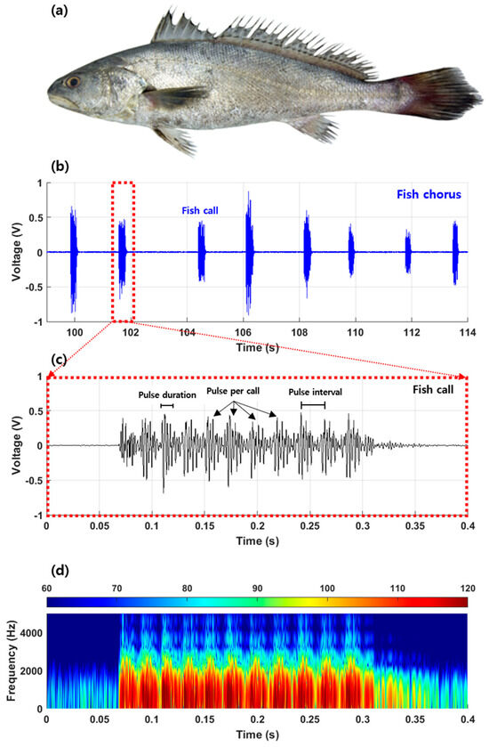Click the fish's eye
pyautogui.click(x=71, y=81)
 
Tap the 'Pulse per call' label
pyautogui.click(x=235, y=391)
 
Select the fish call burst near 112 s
pyautogui.click(x=408, y=252)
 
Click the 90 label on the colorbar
pyautogui.click(x=257, y=589)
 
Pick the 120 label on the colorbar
pyautogui.click(x=463, y=589)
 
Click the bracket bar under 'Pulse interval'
pyautogui.click(x=313, y=406)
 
